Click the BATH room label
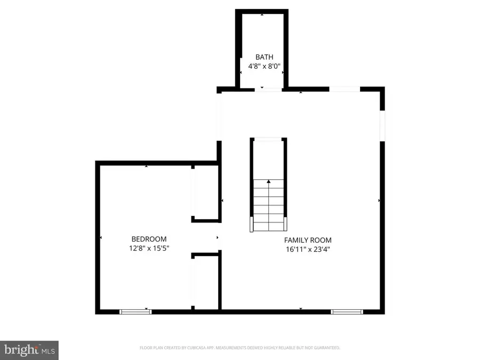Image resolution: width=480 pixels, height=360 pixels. coord(264,57)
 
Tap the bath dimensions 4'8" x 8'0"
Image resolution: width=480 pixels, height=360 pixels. coord(264,67)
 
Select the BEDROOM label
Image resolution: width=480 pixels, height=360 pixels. coord(149,239)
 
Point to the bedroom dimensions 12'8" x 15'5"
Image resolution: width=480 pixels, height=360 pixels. coord(149,249)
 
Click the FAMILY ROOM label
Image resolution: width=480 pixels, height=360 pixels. coord(308,240)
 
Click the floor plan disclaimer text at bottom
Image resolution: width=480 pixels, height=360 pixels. coord(240,348)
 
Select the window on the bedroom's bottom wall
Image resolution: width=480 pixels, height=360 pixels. coord(135,311)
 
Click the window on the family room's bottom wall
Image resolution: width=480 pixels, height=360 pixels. coord(347,311)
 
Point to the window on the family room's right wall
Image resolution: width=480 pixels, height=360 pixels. coord(382,126)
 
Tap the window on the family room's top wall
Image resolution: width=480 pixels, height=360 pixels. coord(345,89)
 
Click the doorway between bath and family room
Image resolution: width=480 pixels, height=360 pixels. coord(268,89)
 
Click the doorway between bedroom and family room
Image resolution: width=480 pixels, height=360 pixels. coord(219,237)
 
